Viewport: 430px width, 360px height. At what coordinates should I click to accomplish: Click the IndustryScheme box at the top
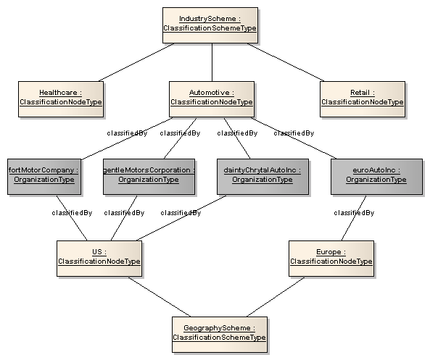(210, 25)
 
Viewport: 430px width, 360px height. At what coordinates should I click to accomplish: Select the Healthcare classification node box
(61, 99)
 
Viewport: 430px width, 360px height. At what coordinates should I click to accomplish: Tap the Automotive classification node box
(212, 99)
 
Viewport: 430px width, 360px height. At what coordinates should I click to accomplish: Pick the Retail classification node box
(363, 99)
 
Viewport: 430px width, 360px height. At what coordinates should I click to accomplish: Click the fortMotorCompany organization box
(44, 177)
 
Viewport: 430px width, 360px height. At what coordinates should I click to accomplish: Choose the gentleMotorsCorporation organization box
(149, 177)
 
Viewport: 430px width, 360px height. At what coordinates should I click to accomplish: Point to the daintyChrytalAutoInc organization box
(262, 177)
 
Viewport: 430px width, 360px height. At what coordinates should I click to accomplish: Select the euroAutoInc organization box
(376, 177)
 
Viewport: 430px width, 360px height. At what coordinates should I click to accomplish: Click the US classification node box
(99, 259)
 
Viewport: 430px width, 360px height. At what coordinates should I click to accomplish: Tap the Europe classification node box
(331, 259)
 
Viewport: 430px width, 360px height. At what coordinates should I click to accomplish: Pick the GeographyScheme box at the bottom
(220, 335)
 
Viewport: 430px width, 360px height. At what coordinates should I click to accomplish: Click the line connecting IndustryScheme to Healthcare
(136, 62)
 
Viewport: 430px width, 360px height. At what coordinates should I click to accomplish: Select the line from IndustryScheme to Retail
(286, 62)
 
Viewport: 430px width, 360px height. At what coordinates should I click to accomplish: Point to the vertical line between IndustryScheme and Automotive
(212, 62)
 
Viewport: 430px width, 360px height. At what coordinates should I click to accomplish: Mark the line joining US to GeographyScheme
(160, 297)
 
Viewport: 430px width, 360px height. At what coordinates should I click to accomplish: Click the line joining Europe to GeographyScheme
(276, 297)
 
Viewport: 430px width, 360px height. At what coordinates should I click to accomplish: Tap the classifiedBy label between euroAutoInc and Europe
(354, 213)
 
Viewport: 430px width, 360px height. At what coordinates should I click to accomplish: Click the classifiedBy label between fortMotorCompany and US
(72, 213)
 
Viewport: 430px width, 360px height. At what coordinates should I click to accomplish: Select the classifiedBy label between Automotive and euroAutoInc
(294, 133)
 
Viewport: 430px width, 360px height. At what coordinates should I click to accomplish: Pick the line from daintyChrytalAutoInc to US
(181, 218)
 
